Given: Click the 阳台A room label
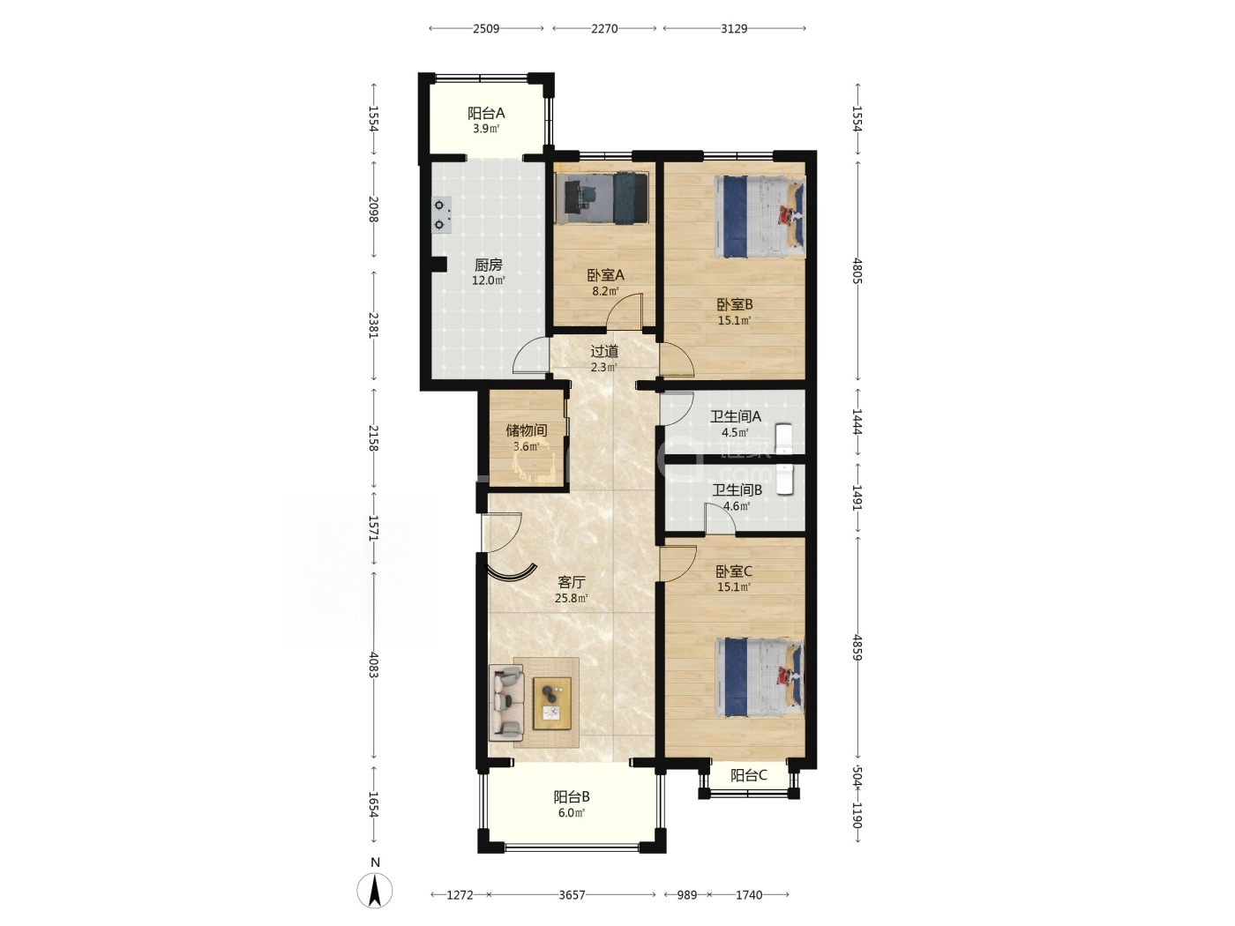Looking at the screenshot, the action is [485, 113].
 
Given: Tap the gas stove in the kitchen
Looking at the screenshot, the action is [441, 215].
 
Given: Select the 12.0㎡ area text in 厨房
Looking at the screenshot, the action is [488, 280].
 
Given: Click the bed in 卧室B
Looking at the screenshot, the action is [760, 217].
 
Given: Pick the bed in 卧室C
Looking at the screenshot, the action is [760, 677].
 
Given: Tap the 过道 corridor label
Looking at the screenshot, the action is [604, 352].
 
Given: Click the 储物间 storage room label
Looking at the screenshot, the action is [526, 430].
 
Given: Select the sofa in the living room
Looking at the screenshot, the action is [506, 703].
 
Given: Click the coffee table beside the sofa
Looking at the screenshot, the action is [552, 704].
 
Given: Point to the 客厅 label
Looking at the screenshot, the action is [571, 582].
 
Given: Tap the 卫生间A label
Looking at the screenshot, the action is [735, 416].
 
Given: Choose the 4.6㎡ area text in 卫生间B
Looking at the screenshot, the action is [737, 506].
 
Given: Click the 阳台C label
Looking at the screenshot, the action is [748, 776].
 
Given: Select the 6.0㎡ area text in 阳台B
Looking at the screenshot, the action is [571, 813].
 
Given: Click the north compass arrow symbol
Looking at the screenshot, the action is [375, 890].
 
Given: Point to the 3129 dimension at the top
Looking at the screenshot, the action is [734, 29].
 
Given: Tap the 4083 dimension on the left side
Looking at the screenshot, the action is [373, 664].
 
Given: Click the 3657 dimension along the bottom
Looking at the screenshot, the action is [572, 894].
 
